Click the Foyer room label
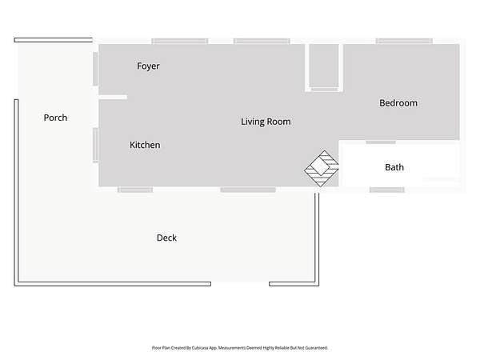tap(148, 66)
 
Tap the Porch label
tap(55, 118)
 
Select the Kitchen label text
tap(145, 145)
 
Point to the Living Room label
tap(266, 122)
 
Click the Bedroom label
tap(398, 103)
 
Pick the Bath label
tap(394, 167)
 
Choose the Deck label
tap(166, 238)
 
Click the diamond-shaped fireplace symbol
tap(322, 168)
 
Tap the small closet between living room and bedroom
tap(324, 66)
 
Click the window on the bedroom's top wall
tap(404, 41)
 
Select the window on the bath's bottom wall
tap(387, 190)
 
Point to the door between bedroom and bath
tap(381, 142)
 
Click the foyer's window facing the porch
tap(95, 69)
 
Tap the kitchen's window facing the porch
tap(95, 145)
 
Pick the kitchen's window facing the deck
tap(135, 190)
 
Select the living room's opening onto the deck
tap(248, 190)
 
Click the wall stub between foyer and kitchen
tap(113, 98)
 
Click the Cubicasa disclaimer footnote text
tap(240, 348)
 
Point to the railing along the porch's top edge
tap(54, 40)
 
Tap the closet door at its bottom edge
tap(325, 90)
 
